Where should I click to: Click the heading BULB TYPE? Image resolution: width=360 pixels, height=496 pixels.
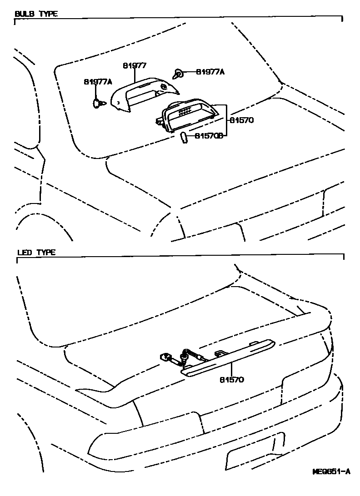pyautogui.click(x=36, y=14)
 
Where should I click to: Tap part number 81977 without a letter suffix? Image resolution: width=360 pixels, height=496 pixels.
pyautogui.click(x=135, y=65)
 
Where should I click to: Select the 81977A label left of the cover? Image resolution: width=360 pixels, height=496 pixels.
pyautogui.click(x=98, y=82)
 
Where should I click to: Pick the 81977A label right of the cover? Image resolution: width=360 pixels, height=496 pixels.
pyautogui.click(x=210, y=71)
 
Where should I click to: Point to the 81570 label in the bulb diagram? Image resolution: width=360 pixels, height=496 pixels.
pyautogui.click(x=240, y=120)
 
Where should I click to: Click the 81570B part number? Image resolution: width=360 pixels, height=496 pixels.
pyautogui.click(x=210, y=135)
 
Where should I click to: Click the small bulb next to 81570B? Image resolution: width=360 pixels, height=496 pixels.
pyautogui.click(x=183, y=137)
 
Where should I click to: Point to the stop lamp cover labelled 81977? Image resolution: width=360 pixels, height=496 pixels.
pyautogui.click(x=141, y=93)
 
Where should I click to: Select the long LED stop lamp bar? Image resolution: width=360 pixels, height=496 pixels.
pyautogui.click(x=227, y=359)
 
